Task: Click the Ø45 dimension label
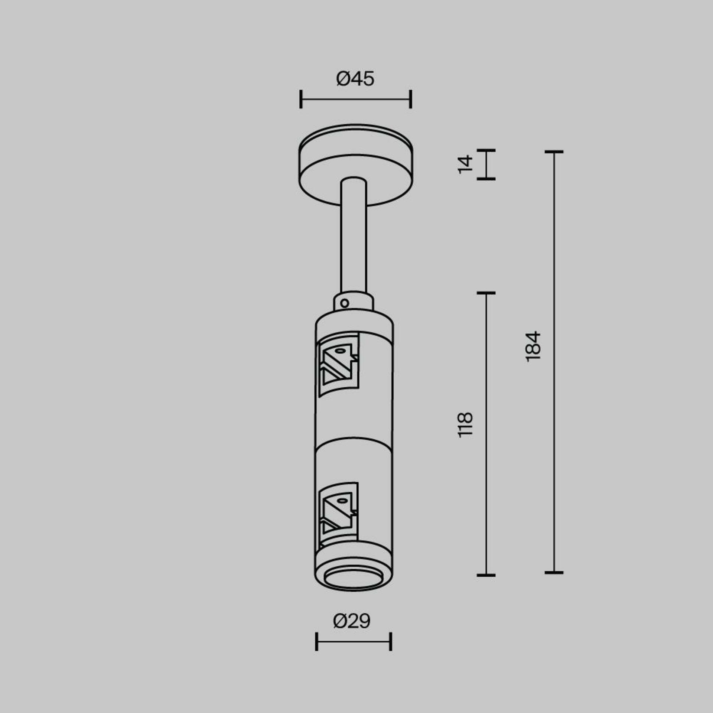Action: coord(355,79)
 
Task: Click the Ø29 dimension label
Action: coord(352,621)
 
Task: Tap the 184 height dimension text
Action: coord(533,346)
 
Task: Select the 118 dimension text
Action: coord(465,425)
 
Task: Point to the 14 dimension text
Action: coord(465,165)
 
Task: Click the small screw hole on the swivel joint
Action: coord(344,303)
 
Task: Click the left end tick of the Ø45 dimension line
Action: coord(301,99)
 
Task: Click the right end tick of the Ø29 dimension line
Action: coord(391,641)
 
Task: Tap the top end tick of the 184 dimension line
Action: coord(554,152)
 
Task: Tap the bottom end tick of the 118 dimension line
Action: coord(486,575)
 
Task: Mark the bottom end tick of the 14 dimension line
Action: coord(486,179)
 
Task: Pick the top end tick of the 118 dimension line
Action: coord(486,293)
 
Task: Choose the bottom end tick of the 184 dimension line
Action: coord(554,573)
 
